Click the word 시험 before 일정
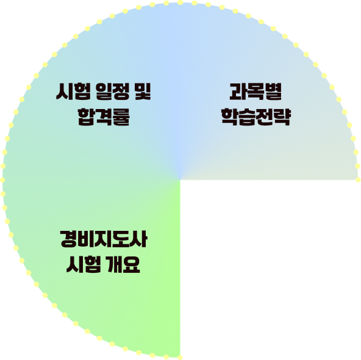(73, 91)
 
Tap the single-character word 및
(143, 91)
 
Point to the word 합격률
(104, 117)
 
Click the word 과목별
(256, 91)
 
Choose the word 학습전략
(256, 117)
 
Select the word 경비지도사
(104, 239)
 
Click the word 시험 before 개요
(84, 264)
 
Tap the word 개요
(123, 264)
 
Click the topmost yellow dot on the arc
(180, 2)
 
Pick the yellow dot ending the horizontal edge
(358, 180)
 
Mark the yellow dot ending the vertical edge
(180, 357)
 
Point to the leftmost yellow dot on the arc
(2, 180)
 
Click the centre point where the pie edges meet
(180, 180)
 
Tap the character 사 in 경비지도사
(138, 239)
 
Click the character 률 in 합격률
(121, 117)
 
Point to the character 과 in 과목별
(238, 91)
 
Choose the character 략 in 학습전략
(282, 117)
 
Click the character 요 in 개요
(132, 264)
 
